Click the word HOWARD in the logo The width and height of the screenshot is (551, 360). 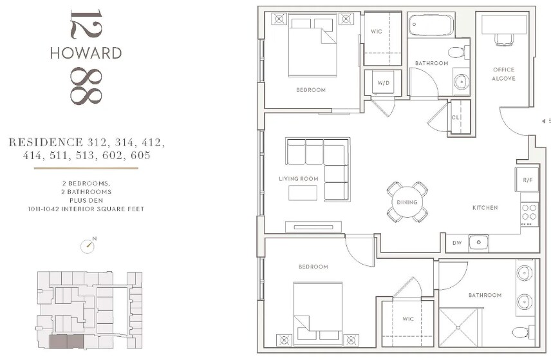[86, 53]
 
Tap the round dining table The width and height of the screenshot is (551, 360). [407, 202]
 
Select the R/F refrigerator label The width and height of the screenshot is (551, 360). [527, 180]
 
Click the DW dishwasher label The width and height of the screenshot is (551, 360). [457, 243]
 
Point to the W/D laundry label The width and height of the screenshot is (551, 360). [384, 83]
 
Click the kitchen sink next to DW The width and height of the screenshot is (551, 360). [479, 243]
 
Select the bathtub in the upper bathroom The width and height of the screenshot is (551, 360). [431, 24]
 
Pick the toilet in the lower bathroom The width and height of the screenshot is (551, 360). [523, 332]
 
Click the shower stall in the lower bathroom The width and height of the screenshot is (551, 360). [458, 327]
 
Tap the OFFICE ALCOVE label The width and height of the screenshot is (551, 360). [503, 74]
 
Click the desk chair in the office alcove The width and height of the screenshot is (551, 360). [504, 39]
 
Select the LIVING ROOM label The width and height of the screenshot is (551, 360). [298, 178]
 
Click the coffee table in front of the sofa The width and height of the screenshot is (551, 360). [303, 193]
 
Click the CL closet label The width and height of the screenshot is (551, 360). [456, 117]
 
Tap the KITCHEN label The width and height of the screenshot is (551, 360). [485, 208]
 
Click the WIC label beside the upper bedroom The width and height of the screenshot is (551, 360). [377, 32]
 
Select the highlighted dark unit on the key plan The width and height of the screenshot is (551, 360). [66, 342]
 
